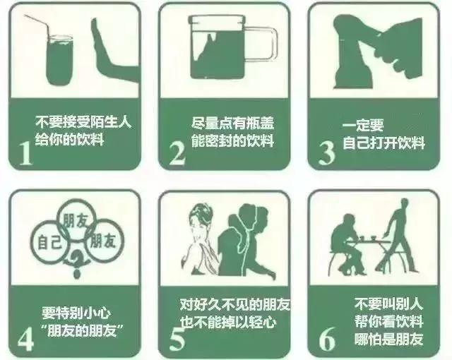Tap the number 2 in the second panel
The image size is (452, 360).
[x=177, y=151]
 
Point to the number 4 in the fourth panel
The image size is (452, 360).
[x=25, y=337]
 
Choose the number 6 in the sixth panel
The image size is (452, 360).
[x=326, y=337]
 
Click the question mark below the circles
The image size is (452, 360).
[x=71, y=267]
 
